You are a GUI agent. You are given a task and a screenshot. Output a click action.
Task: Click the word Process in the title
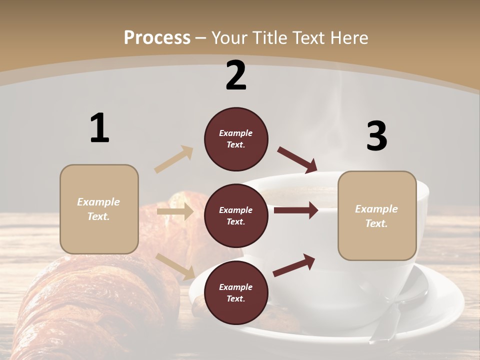coord(157,37)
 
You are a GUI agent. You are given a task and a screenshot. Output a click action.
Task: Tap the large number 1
coord(99,128)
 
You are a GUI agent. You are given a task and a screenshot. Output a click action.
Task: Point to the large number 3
coord(376,136)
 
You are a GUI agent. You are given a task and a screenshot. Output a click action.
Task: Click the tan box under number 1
coord(99,209)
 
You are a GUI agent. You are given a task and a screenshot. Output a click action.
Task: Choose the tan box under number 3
coord(377,216)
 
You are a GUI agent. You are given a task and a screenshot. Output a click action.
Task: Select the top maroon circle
coord(236,139)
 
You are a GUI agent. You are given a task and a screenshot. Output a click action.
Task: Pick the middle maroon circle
coord(236,215)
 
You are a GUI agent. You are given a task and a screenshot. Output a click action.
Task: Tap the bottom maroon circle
coord(236,292)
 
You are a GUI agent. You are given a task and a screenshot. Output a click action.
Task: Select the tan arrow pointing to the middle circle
coord(175,211)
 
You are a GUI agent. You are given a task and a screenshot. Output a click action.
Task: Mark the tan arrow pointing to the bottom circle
coord(175,266)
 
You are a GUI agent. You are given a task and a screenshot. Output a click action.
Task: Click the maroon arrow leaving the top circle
coord(297,159)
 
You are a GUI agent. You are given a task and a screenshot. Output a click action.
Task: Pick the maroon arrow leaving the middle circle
coord(296,210)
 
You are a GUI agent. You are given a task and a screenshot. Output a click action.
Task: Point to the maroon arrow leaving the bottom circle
coord(294,265)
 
